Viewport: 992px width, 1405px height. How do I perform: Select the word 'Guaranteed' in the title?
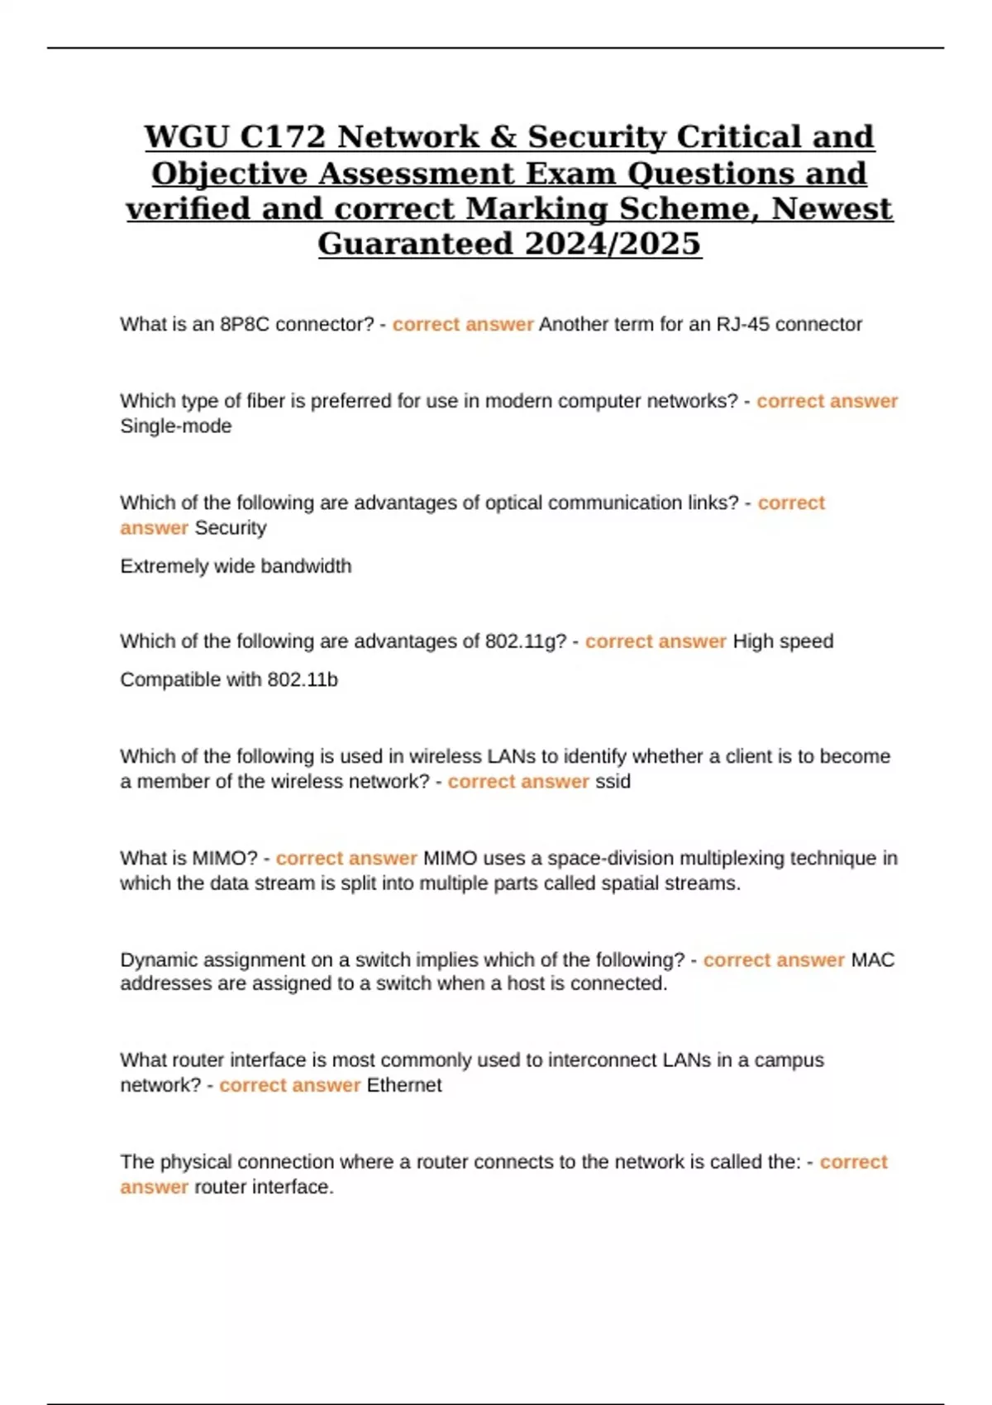[x=416, y=244]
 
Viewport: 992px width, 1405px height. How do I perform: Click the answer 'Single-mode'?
[x=176, y=426]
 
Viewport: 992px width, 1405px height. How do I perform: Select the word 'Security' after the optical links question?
[x=230, y=528]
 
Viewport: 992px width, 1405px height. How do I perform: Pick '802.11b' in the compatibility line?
[x=303, y=680]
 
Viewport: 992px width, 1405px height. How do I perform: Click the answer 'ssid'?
[x=613, y=782]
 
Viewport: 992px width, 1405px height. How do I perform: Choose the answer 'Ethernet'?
[x=404, y=1085]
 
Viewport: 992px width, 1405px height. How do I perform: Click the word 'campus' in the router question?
[x=789, y=1060]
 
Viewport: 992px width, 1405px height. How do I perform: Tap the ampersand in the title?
[x=503, y=137]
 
